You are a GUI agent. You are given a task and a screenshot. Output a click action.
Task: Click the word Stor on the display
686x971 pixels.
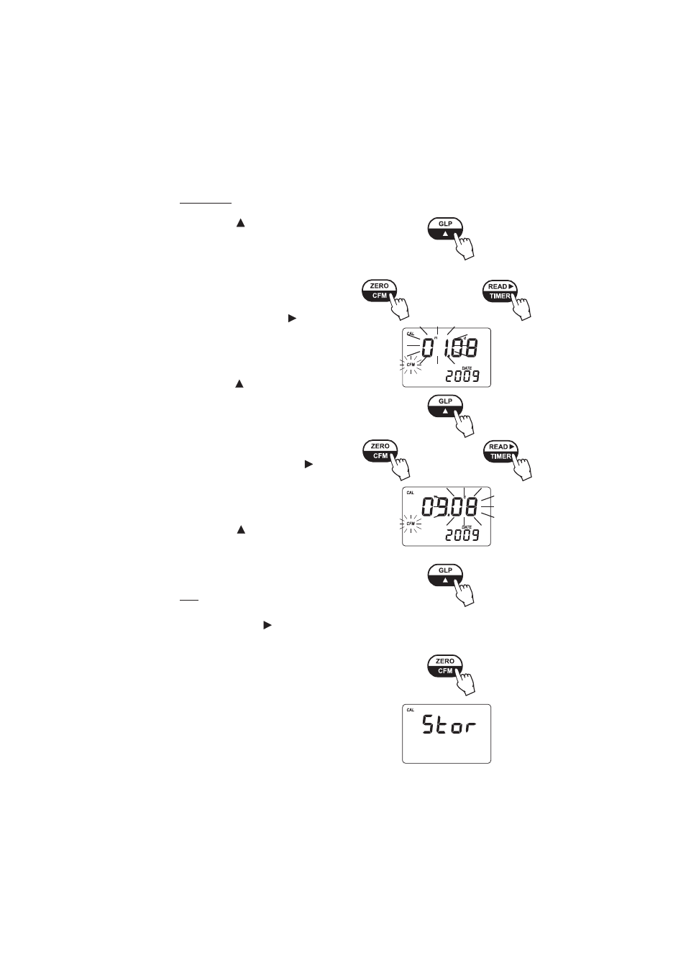coord(449,726)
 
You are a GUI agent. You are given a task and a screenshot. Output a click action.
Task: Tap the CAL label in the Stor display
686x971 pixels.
coord(411,710)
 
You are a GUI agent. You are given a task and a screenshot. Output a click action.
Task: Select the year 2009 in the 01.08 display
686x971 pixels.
coord(462,376)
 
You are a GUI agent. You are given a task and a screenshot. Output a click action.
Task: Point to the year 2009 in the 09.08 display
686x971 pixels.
coord(462,535)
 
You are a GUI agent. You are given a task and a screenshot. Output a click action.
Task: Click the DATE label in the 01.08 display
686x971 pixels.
coord(466,368)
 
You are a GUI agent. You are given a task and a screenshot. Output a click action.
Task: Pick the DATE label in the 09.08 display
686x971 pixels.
coord(466,526)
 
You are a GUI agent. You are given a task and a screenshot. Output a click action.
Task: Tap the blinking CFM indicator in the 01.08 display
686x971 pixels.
coord(411,365)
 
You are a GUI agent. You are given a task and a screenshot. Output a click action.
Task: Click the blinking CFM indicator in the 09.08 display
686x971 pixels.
coord(411,524)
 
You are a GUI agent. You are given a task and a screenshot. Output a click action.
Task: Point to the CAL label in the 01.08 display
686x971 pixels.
coord(411,334)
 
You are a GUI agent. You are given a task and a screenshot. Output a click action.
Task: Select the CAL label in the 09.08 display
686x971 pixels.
coord(411,493)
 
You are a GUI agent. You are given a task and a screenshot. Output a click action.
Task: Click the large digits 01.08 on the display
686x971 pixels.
coord(449,350)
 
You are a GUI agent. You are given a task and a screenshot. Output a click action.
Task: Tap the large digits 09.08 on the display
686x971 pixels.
coord(449,508)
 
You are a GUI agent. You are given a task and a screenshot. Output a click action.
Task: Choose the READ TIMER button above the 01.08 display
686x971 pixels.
coord(500,291)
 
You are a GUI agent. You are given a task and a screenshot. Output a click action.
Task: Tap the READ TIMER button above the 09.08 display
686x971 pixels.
coord(501,451)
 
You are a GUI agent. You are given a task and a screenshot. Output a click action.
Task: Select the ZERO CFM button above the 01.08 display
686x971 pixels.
coord(379,291)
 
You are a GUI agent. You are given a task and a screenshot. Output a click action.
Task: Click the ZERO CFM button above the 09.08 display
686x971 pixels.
coord(380,451)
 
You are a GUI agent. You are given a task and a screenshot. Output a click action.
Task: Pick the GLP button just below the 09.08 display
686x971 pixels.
coord(445,575)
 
